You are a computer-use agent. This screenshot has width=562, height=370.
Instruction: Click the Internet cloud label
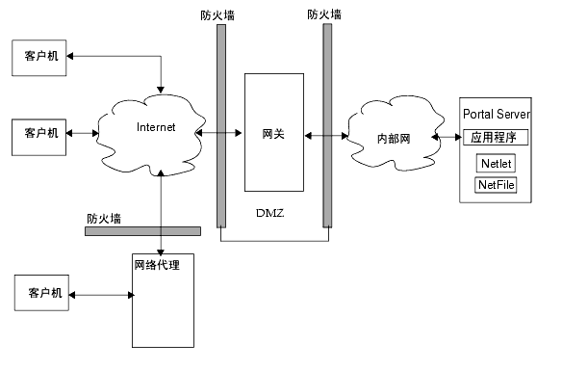(156, 127)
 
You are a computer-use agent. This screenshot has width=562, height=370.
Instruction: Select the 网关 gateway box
(273, 132)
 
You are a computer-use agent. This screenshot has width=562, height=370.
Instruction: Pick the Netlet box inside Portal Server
(496, 163)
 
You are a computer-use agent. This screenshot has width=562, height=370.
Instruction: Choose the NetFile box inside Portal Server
(497, 184)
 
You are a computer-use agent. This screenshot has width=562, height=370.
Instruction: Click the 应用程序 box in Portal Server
(496, 138)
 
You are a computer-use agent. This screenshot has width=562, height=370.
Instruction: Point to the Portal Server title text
(498, 114)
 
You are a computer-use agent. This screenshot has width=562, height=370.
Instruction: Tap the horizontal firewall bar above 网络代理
(142, 231)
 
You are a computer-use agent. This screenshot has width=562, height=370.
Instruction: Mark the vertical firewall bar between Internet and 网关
(221, 126)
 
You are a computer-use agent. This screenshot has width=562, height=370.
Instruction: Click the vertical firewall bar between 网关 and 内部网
(327, 126)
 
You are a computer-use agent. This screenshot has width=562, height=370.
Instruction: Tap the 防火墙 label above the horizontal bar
(103, 219)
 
